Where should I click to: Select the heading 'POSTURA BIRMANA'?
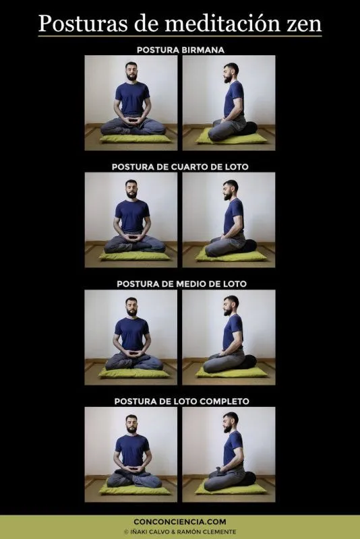(180, 50)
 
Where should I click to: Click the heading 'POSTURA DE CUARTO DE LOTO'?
(180, 166)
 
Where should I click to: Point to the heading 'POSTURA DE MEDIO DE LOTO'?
(180, 284)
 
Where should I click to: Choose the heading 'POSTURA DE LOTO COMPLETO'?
(180, 401)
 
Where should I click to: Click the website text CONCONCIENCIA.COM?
(180, 521)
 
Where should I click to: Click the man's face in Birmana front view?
(132, 71)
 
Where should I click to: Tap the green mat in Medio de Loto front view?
(132, 373)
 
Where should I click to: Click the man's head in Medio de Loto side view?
(231, 307)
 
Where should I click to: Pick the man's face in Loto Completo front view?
(132, 424)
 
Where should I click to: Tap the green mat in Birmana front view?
(132, 138)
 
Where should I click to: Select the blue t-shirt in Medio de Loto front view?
(132, 334)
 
